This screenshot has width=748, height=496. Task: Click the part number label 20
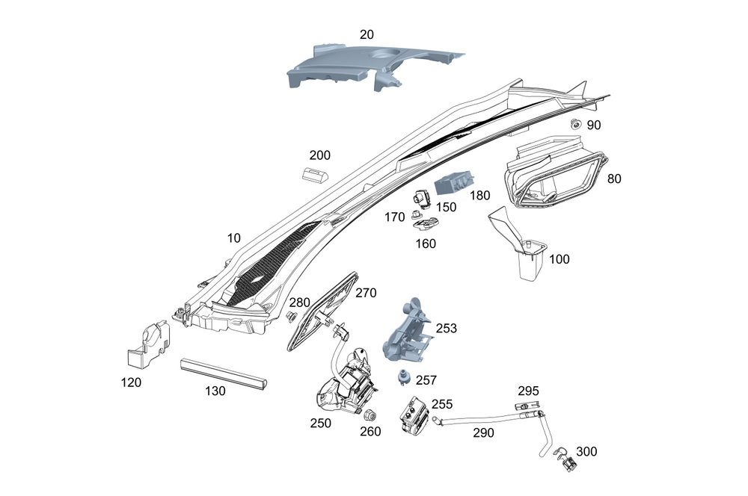pyautogui.click(x=367, y=34)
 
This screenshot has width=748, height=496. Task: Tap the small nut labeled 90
pyautogui.click(x=576, y=123)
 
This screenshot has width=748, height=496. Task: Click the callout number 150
pyautogui.click(x=447, y=207)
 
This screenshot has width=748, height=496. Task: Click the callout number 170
pyautogui.click(x=395, y=217)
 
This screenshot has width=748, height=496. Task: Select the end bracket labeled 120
pyautogui.click(x=149, y=344)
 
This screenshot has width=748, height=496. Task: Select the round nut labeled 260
pyautogui.click(x=370, y=416)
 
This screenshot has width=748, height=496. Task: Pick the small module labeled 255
pyautogui.click(x=412, y=417)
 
